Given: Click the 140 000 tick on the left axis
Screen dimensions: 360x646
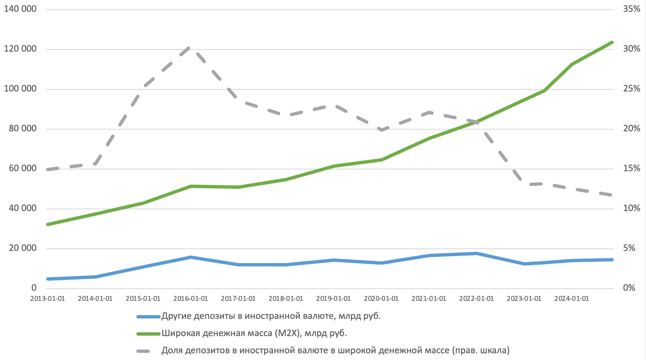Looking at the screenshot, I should tap(20, 9).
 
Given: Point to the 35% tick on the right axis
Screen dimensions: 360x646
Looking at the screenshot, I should tap(631, 9).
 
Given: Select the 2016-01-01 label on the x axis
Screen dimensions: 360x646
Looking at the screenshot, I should tap(190, 299).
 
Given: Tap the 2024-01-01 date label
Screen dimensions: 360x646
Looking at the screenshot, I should tap(571, 299).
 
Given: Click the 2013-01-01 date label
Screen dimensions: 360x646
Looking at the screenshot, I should tap(48, 299).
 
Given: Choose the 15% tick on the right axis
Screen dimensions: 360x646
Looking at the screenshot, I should tap(631, 169).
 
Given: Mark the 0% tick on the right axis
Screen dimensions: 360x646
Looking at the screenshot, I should tap(629, 288).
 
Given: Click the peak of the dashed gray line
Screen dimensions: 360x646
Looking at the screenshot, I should tap(190, 48).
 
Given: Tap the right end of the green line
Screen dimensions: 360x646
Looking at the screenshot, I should tap(612, 42).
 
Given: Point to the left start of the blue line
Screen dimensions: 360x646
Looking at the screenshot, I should tap(48, 279).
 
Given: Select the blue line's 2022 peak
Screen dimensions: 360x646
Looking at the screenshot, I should tap(477, 253).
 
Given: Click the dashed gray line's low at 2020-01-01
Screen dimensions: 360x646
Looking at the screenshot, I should tap(381, 130).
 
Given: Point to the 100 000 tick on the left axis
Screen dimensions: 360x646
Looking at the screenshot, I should tap(20, 89).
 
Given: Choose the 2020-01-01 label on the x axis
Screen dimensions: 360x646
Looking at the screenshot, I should tap(381, 299).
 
